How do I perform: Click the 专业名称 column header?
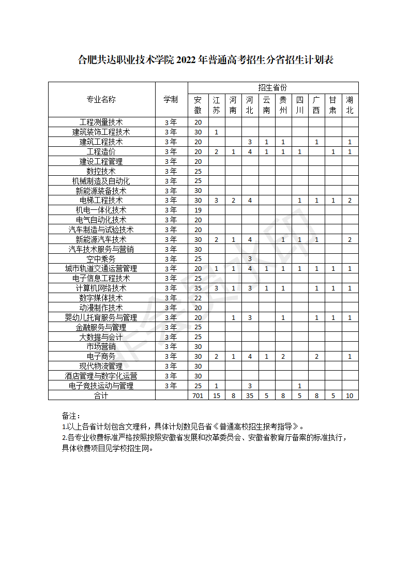(x=101, y=99)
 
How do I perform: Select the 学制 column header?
(x=171, y=99)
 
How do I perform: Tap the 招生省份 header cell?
(x=272, y=87)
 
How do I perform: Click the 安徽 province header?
(x=198, y=105)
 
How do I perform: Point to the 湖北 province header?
(x=350, y=105)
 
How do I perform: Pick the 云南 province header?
(x=266, y=105)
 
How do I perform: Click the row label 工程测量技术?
(x=101, y=123)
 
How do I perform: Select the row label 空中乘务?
(x=101, y=259)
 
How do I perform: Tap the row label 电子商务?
(x=101, y=357)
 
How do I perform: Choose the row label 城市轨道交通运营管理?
(x=101, y=269)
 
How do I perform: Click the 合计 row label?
(x=101, y=395)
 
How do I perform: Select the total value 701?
(x=198, y=395)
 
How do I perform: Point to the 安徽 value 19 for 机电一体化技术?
(x=198, y=210)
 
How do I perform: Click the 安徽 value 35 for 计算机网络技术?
(x=198, y=288)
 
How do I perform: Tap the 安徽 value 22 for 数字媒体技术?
(x=198, y=298)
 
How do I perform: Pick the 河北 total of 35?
(x=250, y=395)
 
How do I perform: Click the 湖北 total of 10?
(x=350, y=395)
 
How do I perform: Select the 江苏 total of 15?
(x=217, y=395)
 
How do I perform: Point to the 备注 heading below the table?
(x=71, y=416)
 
